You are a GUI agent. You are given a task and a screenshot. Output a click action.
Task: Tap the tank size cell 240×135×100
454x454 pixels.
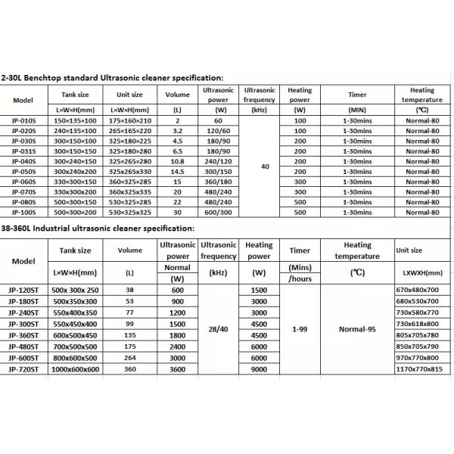75,130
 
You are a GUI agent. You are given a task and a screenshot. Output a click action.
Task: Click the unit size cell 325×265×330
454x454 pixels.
130,172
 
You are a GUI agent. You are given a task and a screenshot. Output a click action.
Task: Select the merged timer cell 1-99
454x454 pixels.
299,329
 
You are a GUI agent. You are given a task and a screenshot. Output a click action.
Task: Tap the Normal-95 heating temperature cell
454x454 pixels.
357,329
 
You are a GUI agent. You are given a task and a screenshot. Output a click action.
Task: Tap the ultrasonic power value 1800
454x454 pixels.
177,334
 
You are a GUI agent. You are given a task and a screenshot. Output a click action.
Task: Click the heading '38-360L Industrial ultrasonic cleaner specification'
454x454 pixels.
98,227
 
